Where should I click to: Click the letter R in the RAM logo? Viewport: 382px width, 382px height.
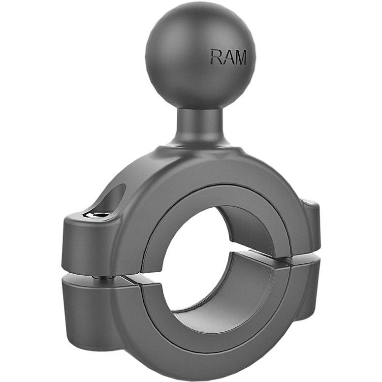coord(216,58)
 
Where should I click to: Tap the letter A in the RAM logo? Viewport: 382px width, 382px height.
coord(227,58)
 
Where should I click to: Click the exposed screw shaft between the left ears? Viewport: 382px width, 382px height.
coord(102,277)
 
